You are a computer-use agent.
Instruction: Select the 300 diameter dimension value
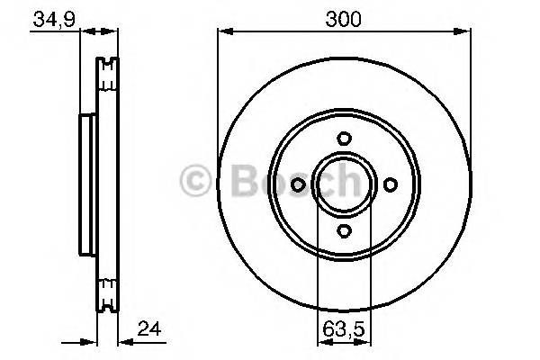tap(344, 18)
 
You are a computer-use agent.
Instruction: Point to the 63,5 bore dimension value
tap(344, 330)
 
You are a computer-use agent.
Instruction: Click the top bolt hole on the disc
tap(344, 139)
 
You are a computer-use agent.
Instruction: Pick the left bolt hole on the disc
tap(298, 184)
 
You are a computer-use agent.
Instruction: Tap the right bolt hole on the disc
tap(390, 184)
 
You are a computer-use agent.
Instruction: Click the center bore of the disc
tap(344, 184)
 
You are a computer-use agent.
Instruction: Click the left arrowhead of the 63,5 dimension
tap(320, 342)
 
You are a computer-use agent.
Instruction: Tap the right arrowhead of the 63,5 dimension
tap(368, 342)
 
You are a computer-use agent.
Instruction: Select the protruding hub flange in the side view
tap(87, 184)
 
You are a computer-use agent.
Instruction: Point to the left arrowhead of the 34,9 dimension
tap(84, 31)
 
